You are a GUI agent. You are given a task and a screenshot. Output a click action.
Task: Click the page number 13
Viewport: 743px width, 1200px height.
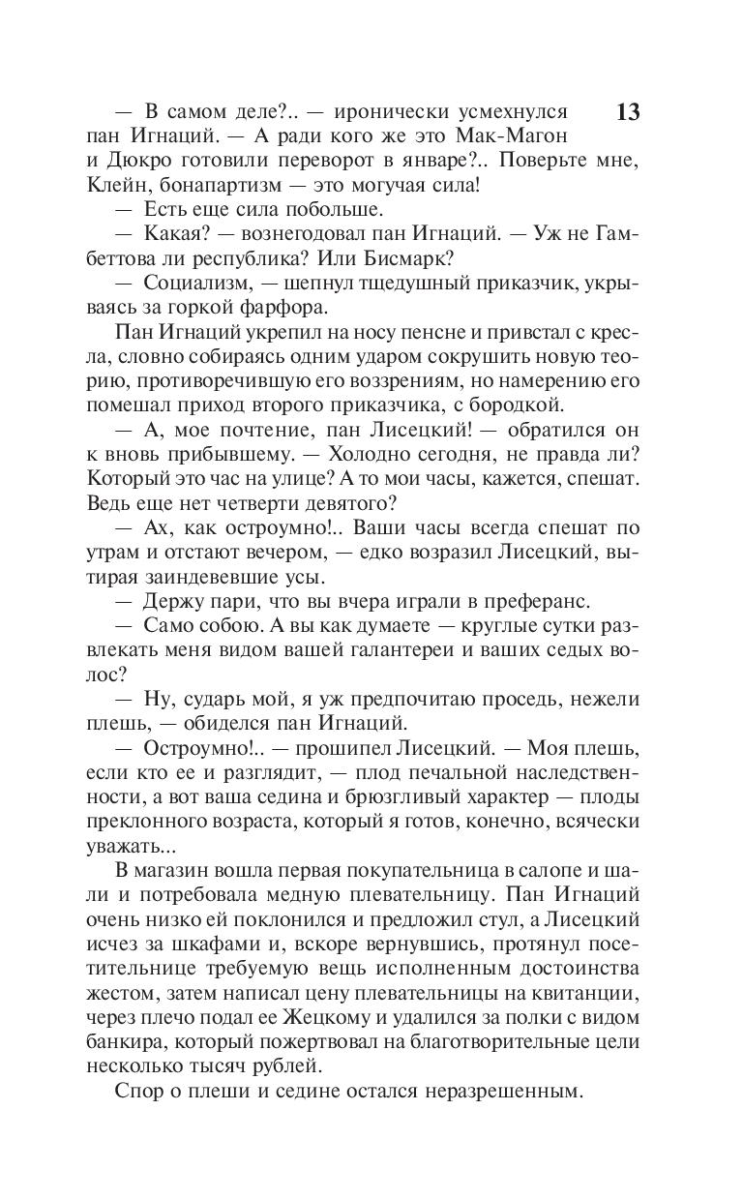click(x=627, y=112)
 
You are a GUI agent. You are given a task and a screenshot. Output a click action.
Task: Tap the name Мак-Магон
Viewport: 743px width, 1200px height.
click(x=517, y=136)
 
